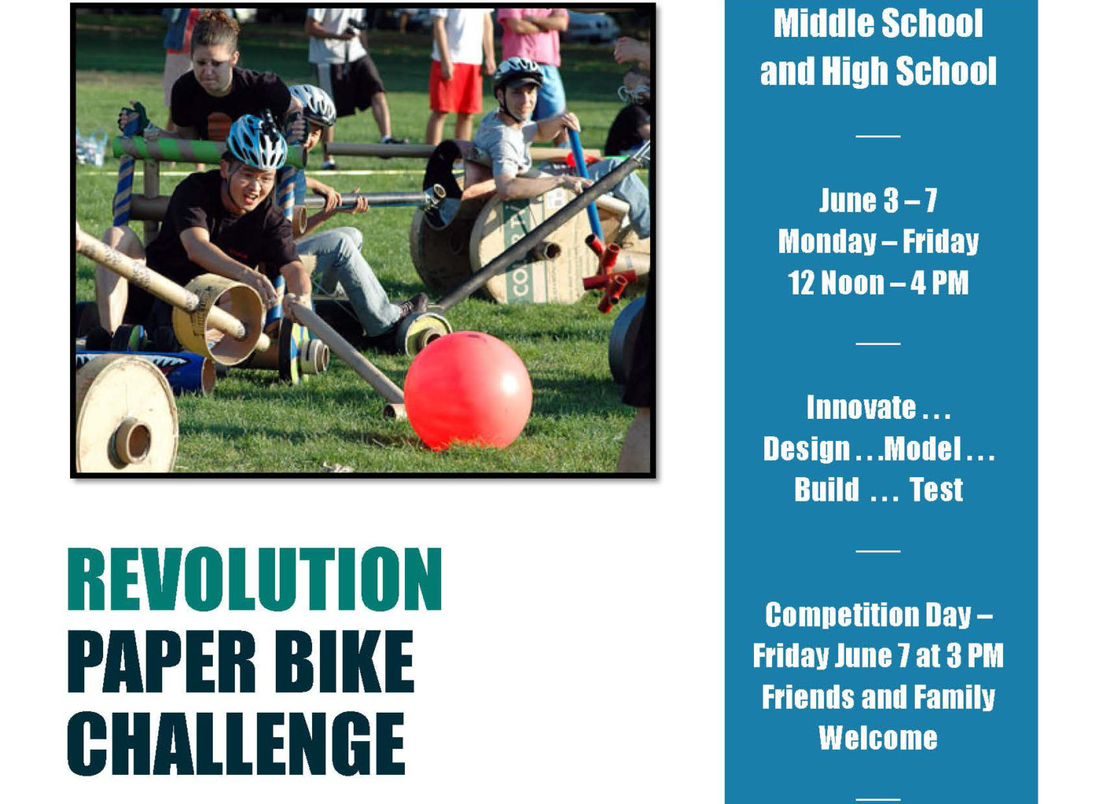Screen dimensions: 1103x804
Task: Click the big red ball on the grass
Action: [x=468, y=391]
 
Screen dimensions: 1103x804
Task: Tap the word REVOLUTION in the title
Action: [x=254, y=579]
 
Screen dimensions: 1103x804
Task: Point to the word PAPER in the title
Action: [x=162, y=661]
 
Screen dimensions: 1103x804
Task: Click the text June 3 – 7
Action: [x=878, y=200]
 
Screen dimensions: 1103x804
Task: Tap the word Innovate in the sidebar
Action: [x=861, y=407]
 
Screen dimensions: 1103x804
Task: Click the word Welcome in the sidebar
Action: [x=878, y=738]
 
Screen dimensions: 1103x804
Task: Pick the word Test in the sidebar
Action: [x=936, y=489]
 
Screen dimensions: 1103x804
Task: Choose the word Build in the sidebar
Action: [x=826, y=489]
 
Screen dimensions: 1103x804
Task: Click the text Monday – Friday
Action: [x=878, y=242]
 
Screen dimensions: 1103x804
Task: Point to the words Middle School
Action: [x=878, y=23]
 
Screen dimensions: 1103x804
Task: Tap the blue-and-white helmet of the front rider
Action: [x=257, y=142]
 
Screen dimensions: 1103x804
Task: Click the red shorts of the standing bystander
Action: [x=455, y=87]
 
